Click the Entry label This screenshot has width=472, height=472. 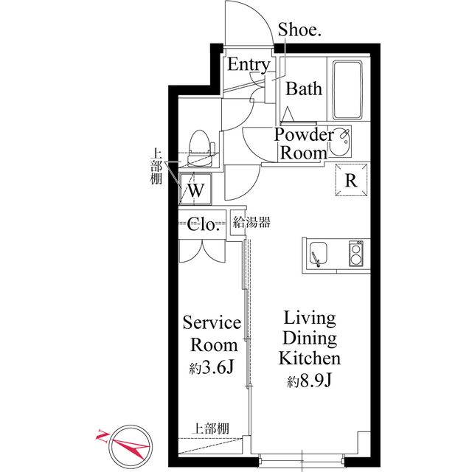(x=248, y=65)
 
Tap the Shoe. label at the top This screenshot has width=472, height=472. (x=298, y=29)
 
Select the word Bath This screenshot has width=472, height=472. (x=304, y=89)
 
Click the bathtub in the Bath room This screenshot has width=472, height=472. (x=348, y=89)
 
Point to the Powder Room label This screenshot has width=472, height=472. (x=303, y=144)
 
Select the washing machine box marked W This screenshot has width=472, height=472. (x=195, y=188)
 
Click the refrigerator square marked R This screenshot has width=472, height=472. (x=351, y=181)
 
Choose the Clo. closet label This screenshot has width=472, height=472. (x=204, y=224)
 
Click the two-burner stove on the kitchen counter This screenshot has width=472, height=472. (x=355, y=254)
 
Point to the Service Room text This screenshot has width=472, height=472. (x=212, y=333)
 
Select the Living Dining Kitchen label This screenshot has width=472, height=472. (x=309, y=339)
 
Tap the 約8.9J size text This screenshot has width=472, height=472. (x=309, y=381)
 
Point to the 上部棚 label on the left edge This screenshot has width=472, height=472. (x=156, y=167)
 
